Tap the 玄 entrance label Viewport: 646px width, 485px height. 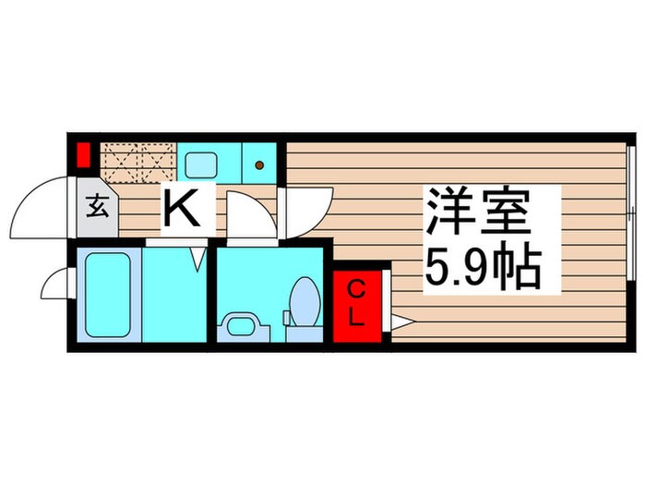[98, 206]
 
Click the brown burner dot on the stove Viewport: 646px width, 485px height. [259, 166]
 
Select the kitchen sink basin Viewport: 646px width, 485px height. [200, 165]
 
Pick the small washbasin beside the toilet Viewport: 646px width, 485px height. [239, 325]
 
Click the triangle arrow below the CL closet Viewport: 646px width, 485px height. [402, 321]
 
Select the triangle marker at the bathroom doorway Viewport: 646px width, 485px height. [198, 260]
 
